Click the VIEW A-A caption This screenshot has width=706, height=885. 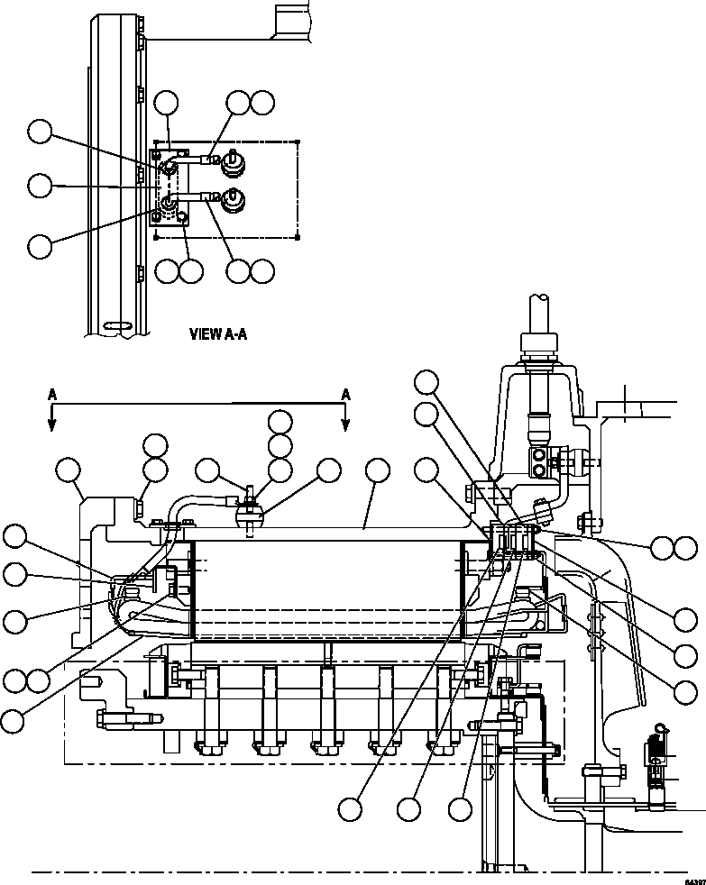pos(217,333)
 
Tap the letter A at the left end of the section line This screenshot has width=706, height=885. pos(52,394)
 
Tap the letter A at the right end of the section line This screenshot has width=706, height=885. pos(344,394)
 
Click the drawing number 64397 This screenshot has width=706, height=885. pos(693,880)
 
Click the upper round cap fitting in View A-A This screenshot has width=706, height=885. pos(231,162)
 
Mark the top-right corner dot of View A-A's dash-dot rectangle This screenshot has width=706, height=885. pos(298,141)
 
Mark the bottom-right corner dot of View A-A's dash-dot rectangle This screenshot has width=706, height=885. pos(298,238)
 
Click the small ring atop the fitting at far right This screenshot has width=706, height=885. pos(664,727)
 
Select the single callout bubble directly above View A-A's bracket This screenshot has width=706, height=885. pos(167,103)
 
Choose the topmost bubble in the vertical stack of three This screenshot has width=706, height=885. pos(280,422)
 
